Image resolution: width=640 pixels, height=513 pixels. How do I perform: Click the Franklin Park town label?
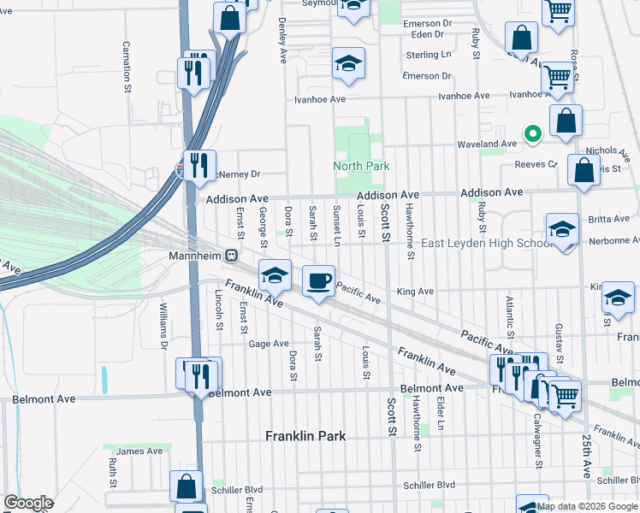(x=305, y=436)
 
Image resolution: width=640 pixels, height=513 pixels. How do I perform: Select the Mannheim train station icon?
(x=231, y=256)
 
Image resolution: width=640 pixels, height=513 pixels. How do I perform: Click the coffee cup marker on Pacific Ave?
(x=319, y=280)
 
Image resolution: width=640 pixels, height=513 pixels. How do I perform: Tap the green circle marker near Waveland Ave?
(x=532, y=133)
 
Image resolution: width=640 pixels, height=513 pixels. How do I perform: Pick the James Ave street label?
(x=139, y=451)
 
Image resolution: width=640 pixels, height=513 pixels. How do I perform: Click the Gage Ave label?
(x=269, y=344)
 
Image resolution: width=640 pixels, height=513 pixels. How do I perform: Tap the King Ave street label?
(x=415, y=292)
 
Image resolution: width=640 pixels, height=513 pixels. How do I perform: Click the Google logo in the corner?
(x=28, y=503)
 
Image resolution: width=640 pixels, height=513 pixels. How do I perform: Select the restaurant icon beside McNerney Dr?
(x=199, y=164)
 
